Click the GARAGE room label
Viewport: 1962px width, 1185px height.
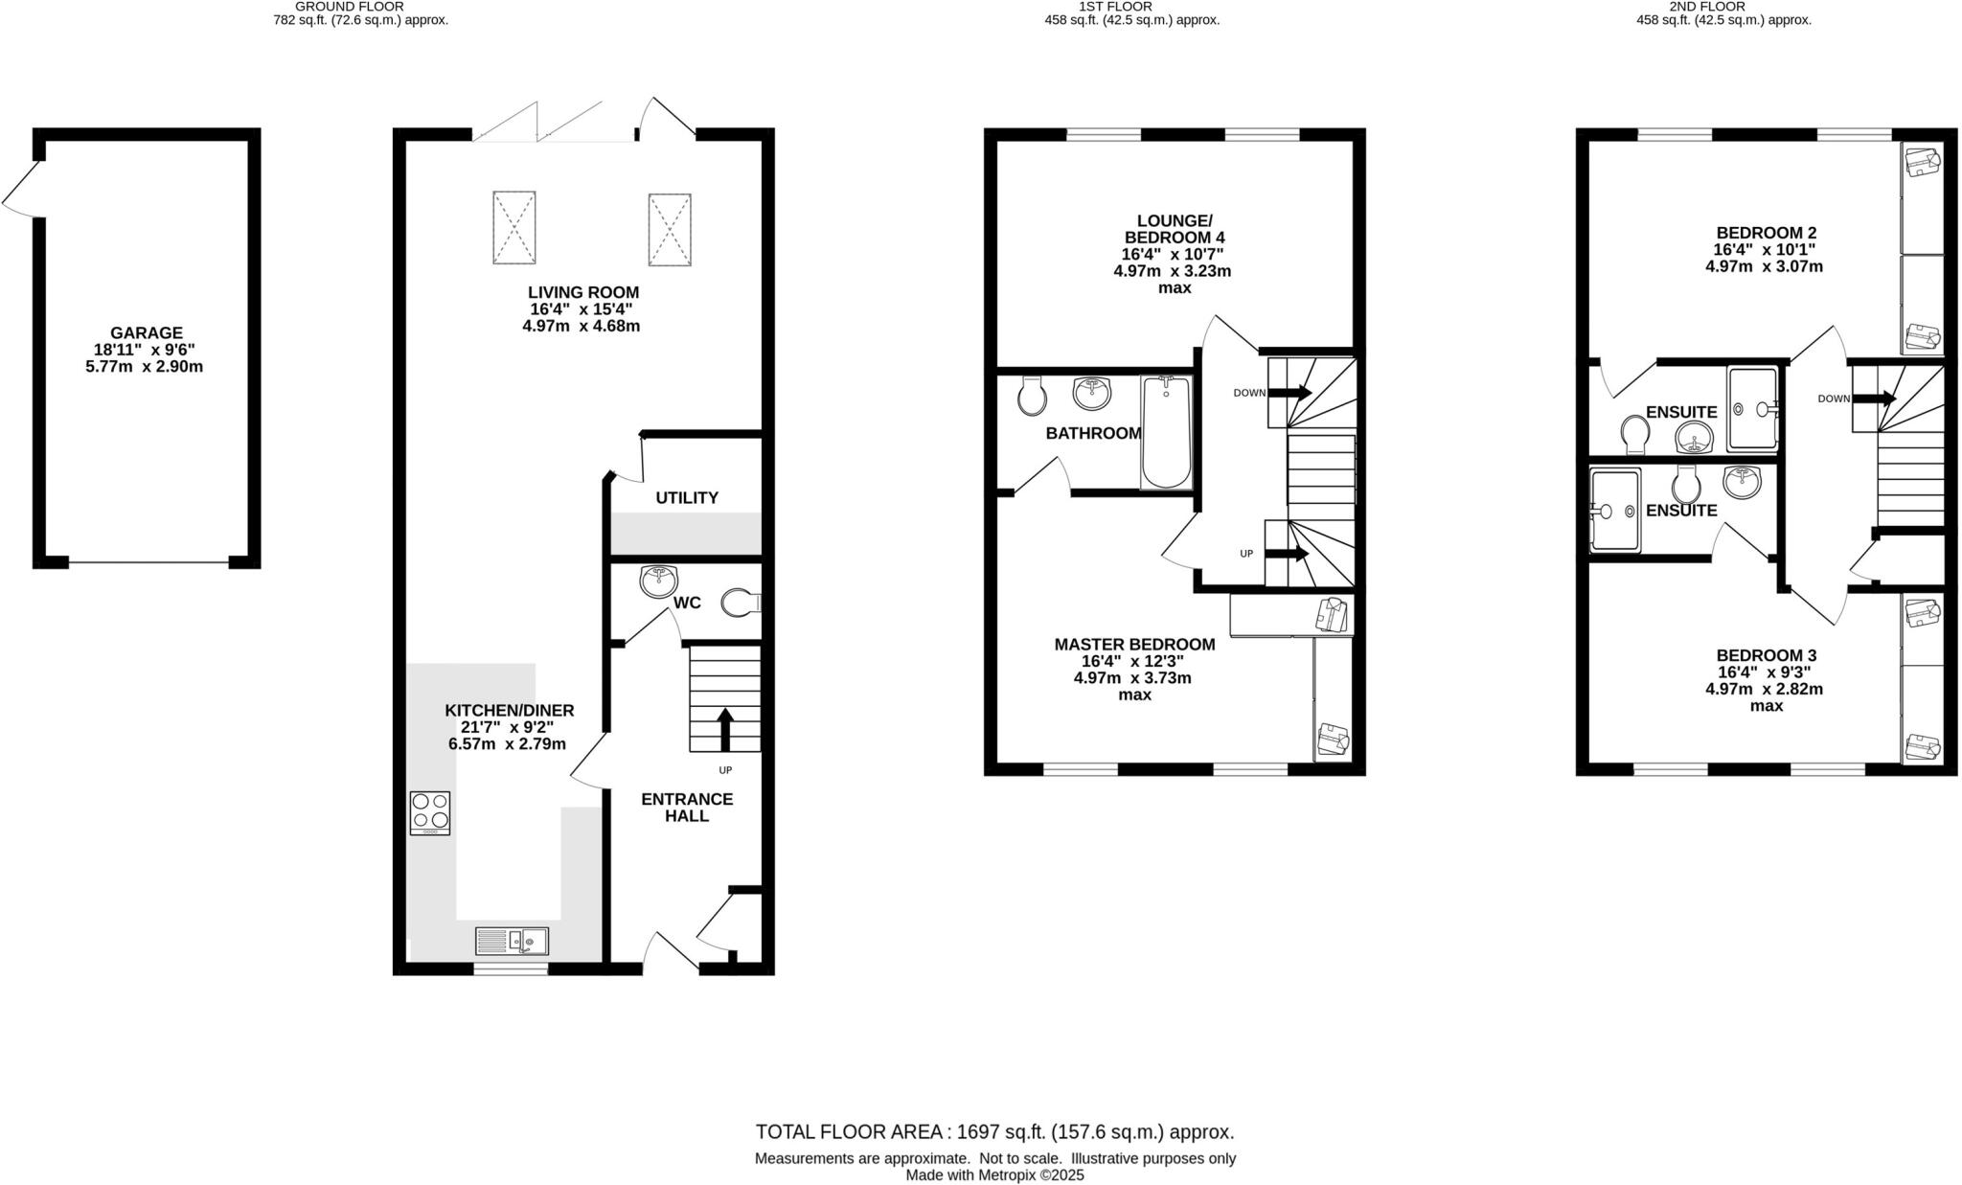pyautogui.click(x=145, y=333)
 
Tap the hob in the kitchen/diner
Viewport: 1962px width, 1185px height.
pyautogui.click(x=429, y=812)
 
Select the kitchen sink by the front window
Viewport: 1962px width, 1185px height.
pyautogui.click(x=512, y=941)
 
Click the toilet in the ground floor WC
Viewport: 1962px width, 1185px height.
pyautogui.click(x=740, y=603)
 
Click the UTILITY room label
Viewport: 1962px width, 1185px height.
pyautogui.click(x=687, y=498)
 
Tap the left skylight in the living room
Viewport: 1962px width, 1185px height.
pyautogui.click(x=513, y=227)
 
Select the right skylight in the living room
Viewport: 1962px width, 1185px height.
pyautogui.click(x=669, y=230)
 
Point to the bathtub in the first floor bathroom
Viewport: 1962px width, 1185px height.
pyautogui.click(x=1166, y=433)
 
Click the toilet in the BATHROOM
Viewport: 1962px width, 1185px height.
pyautogui.click(x=1032, y=397)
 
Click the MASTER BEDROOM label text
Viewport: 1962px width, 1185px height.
pyautogui.click(x=1134, y=645)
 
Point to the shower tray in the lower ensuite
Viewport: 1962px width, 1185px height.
pyautogui.click(x=1615, y=511)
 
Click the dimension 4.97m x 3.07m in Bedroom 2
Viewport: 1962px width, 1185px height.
pyautogui.click(x=1764, y=266)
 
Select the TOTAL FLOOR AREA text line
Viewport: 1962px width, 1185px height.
pyautogui.click(x=994, y=1132)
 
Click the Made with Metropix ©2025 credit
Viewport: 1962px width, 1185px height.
pyautogui.click(x=994, y=1175)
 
